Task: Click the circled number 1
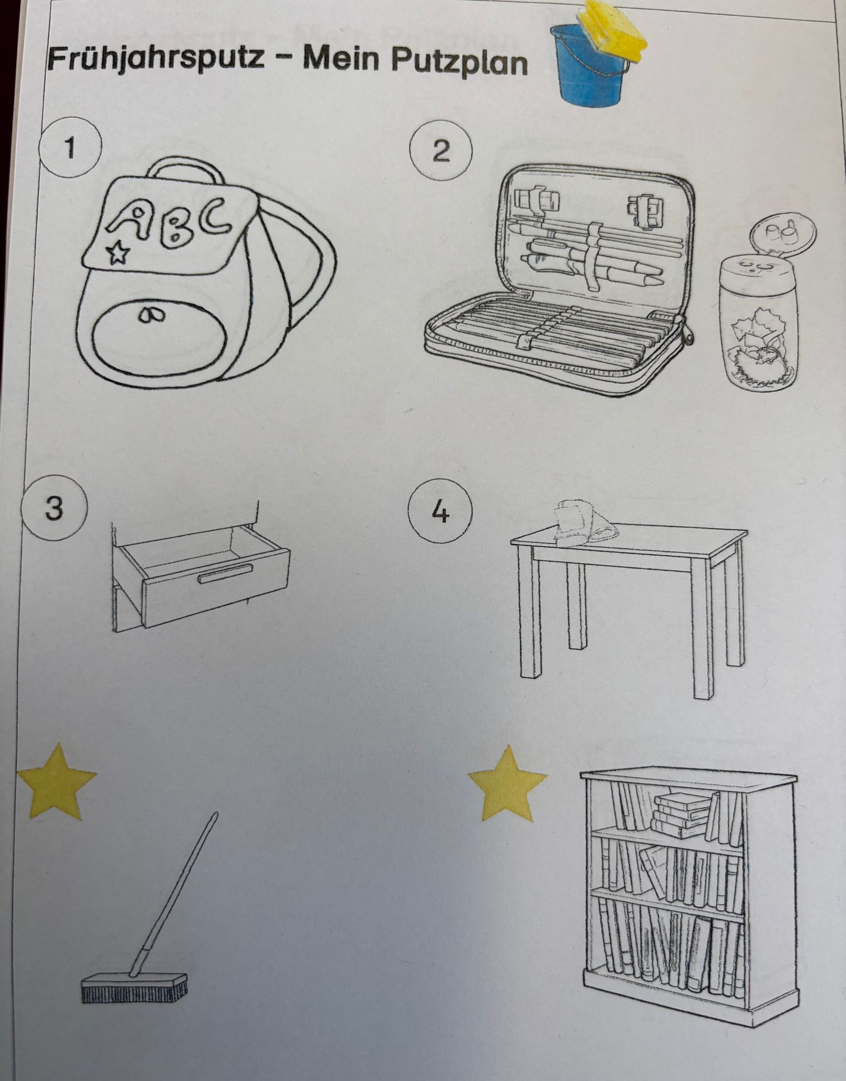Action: click(x=70, y=149)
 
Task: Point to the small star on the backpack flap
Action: click(x=119, y=253)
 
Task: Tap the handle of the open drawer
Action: click(x=226, y=573)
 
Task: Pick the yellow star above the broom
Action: click(x=56, y=781)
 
